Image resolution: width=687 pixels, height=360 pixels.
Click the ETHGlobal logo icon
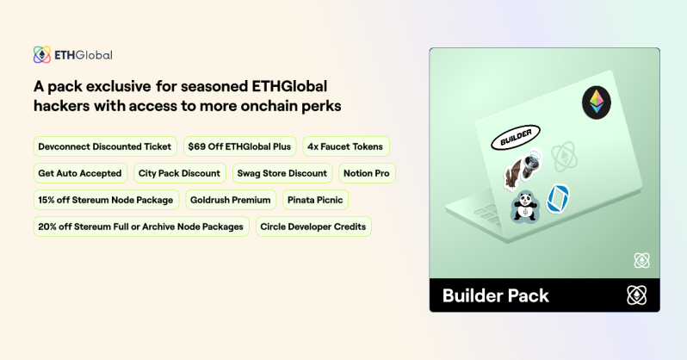click(x=41, y=55)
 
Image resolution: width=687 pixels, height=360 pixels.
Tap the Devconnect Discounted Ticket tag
click(x=105, y=146)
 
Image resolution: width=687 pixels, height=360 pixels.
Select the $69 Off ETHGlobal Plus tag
click(x=240, y=146)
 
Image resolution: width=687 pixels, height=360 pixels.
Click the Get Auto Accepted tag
click(x=80, y=173)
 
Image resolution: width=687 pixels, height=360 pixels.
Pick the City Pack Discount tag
click(x=180, y=173)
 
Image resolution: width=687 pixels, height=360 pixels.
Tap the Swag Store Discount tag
click(x=282, y=173)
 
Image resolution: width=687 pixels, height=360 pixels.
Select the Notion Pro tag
click(x=367, y=173)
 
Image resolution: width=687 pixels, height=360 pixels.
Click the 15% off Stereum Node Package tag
click(x=106, y=200)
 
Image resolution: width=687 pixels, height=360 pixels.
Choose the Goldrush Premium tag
click(x=230, y=200)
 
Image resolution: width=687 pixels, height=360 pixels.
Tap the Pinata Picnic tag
click(x=315, y=200)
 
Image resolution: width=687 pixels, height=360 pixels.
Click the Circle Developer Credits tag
click(x=313, y=227)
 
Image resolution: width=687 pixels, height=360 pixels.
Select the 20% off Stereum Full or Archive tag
click(x=141, y=227)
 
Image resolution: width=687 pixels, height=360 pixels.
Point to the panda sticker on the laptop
click(x=523, y=205)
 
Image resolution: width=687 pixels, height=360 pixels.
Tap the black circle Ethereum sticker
click(x=595, y=102)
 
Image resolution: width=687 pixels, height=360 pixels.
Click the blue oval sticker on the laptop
click(x=558, y=198)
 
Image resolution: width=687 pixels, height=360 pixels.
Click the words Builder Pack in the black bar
click(x=495, y=296)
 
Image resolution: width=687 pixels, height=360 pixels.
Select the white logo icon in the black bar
click(x=636, y=295)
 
